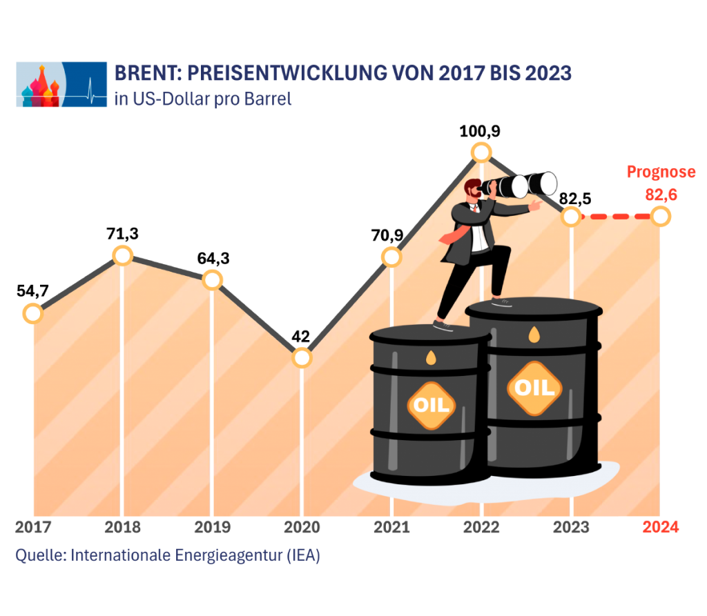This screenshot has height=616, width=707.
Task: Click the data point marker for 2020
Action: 302,358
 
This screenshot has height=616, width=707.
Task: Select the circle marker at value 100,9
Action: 481,152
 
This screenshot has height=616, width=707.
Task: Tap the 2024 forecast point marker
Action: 661,217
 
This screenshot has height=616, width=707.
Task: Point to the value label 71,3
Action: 122,234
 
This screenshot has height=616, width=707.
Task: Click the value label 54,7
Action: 32,291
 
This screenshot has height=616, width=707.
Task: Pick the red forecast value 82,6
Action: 661,195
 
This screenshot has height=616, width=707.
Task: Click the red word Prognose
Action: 661,172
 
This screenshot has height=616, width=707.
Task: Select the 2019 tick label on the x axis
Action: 212,528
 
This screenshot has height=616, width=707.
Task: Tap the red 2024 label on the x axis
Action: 661,528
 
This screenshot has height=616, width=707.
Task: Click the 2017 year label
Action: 32,528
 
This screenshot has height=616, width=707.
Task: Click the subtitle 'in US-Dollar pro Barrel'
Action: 203,99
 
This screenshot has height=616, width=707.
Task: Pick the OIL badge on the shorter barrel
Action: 431,404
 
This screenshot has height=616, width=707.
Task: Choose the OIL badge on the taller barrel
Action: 534,388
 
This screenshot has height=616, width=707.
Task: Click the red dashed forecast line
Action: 616,217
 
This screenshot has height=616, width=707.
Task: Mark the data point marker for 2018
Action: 122,256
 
